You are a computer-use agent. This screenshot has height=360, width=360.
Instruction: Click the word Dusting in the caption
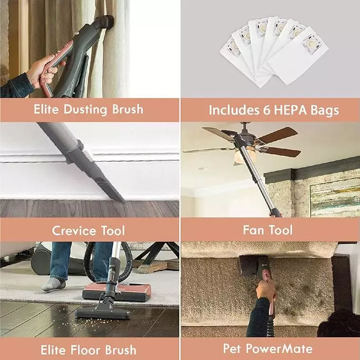point(85,110)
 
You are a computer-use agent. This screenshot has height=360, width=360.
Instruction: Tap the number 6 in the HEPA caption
point(266,110)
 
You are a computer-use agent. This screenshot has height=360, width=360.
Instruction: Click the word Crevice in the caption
point(74,231)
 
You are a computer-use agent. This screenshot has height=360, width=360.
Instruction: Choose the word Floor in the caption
point(86,350)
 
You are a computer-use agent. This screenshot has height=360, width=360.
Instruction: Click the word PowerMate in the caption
point(279,348)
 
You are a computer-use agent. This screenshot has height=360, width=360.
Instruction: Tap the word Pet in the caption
point(231,348)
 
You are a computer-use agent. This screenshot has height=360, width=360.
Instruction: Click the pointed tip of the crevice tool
point(124,201)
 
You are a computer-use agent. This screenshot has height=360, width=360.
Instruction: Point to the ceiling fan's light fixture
point(243,155)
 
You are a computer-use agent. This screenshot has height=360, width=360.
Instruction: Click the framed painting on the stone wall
point(335,197)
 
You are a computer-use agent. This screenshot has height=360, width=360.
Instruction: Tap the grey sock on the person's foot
point(53,284)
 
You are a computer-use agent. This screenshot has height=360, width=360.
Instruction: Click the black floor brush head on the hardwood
point(103,312)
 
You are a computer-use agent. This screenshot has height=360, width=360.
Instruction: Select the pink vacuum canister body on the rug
point(117,292)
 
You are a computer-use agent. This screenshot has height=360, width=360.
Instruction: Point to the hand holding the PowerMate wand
point(266,289)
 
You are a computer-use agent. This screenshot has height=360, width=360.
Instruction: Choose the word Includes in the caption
point(234,110)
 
